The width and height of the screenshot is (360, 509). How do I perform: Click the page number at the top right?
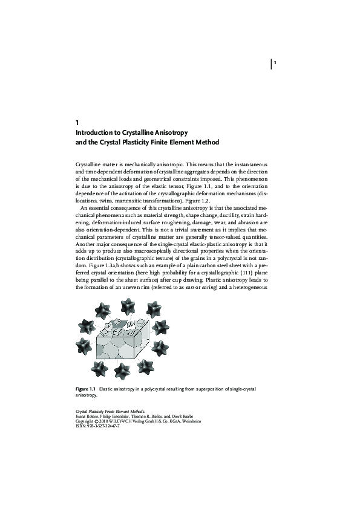[x=275, y=63]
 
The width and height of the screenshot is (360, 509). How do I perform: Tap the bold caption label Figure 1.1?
[x=85, y=388]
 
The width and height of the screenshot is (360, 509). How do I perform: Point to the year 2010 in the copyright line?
[x=107, y=421]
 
